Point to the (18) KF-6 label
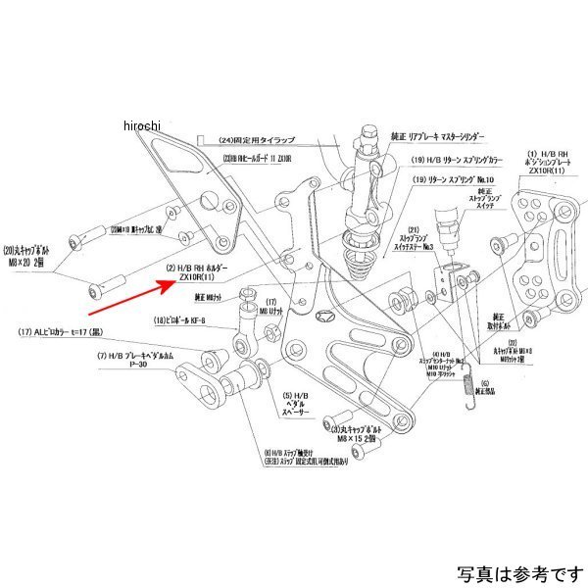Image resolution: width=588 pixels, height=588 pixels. [x=183, y=321]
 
